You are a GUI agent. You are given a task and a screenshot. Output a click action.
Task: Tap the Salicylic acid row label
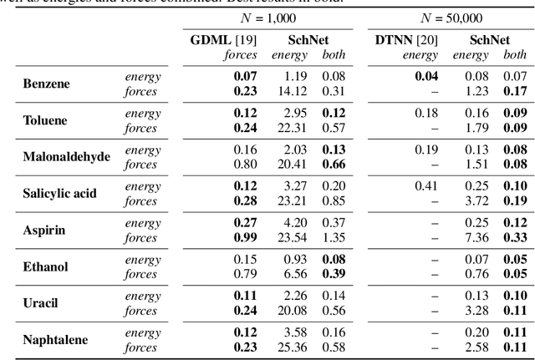[59, 193]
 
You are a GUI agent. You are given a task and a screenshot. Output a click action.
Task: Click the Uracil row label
[40, 302]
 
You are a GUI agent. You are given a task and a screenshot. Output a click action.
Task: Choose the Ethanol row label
[45, 266]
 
